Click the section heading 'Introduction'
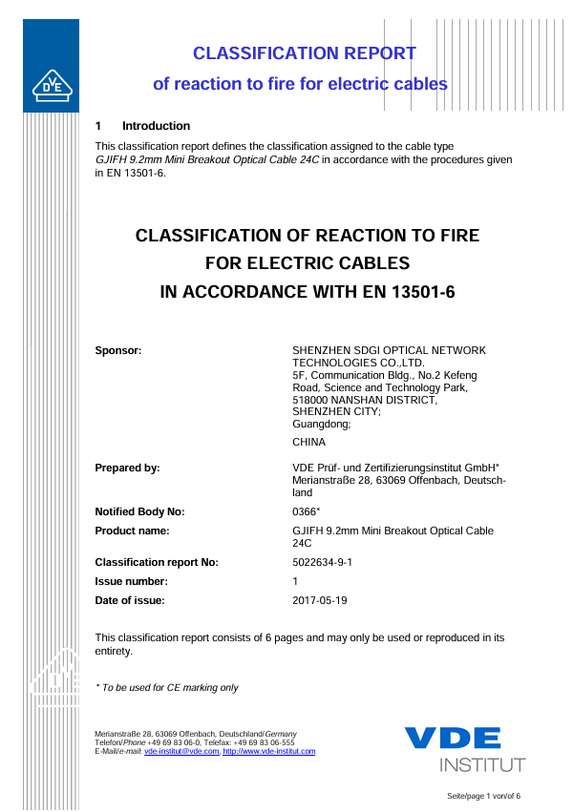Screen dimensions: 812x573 click(156, 126)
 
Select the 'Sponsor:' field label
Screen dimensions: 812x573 click(118, 350)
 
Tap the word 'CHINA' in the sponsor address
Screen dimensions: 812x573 click(308, 442)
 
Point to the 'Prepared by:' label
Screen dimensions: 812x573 click(127, 468)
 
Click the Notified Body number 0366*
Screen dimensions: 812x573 click(306, 511)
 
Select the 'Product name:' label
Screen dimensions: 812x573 click(133, 531)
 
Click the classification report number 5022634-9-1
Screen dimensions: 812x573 click(322, 562)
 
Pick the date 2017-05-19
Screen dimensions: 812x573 click(319, 600)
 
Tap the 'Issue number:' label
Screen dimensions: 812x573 click(132, 581)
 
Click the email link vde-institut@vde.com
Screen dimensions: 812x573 click(181, 752)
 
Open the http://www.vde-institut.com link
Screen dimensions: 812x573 click(268, 752)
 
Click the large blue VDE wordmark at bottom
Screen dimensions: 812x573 click(452, 739)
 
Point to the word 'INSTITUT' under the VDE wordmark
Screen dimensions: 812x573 click(482, 765)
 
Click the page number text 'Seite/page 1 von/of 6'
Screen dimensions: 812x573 click(483, 796)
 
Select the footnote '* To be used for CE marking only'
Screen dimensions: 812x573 click(166, 687)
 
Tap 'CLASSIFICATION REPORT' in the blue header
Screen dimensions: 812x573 click(304, 53)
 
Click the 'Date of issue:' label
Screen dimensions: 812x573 click(130, 600)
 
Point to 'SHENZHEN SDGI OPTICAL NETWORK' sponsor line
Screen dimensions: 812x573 click(389, 350)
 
